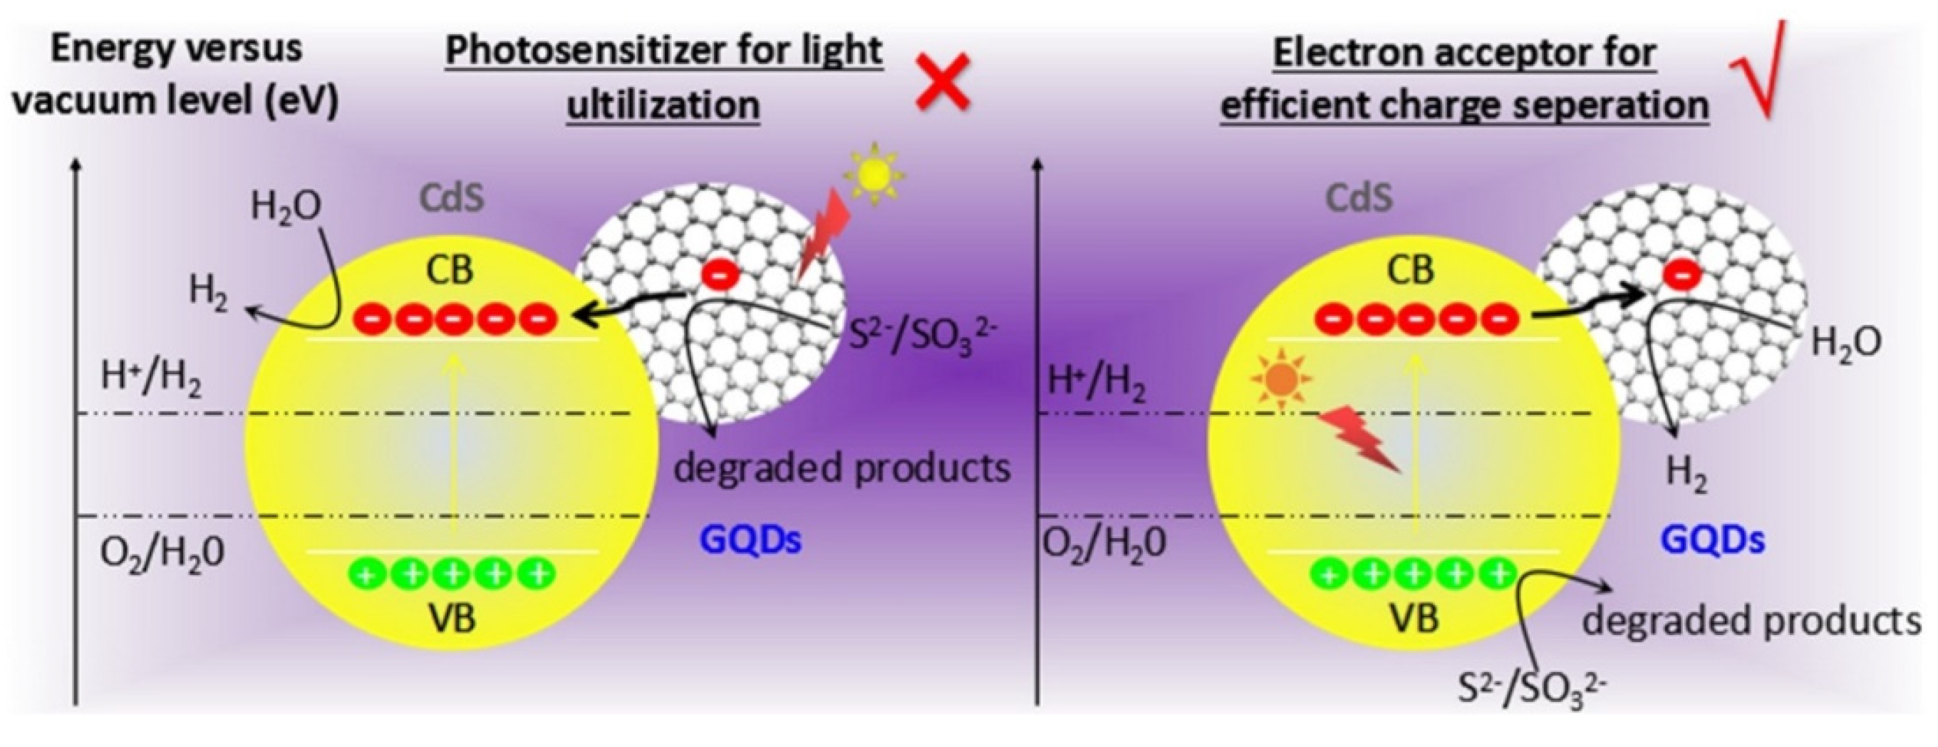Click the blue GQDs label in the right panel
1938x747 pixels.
(1712, 541)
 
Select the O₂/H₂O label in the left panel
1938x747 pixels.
(162, 555)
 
